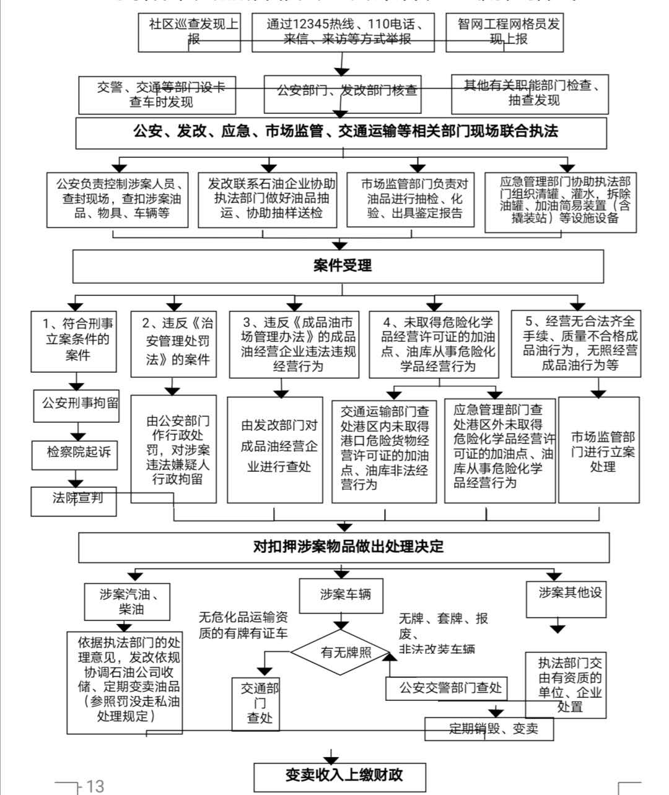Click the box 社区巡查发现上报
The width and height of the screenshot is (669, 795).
(x=189, y=32)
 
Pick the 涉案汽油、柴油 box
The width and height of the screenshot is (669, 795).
(x=127, y=601)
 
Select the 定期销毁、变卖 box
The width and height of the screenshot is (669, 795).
(x=489, y=729)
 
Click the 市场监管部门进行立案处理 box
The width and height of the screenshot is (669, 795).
(x=599, y=450)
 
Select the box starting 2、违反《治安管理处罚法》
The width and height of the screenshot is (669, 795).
(x=174, y=344)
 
